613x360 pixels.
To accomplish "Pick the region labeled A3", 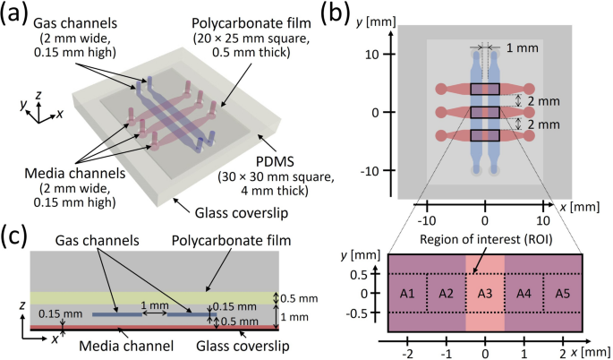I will click(485, 294).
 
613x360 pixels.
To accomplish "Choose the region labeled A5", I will click(562, 294).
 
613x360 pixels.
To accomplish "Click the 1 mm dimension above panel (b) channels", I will click(516, 47).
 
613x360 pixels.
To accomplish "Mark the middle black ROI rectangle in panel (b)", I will click(485, 112).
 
